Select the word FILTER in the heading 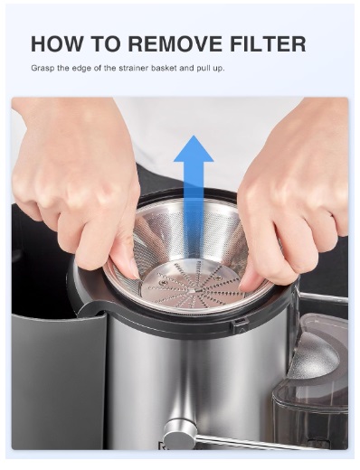(x=270, y=44)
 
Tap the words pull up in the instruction (x=230, y=68)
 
